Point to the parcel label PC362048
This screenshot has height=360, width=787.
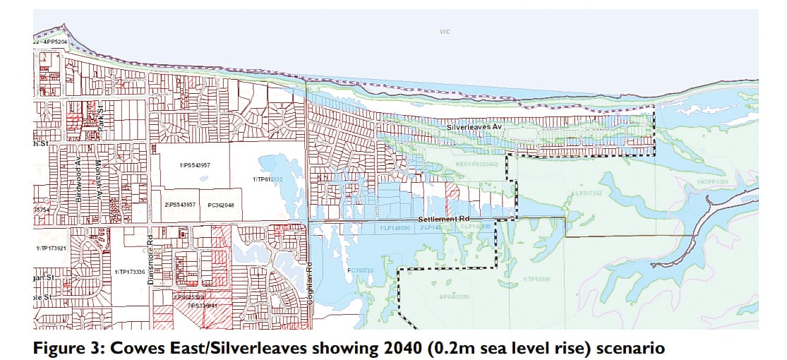pyautogui.click(x=221, y=205)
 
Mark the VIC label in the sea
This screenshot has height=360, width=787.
pyautogui.click(x=444, y=32)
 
